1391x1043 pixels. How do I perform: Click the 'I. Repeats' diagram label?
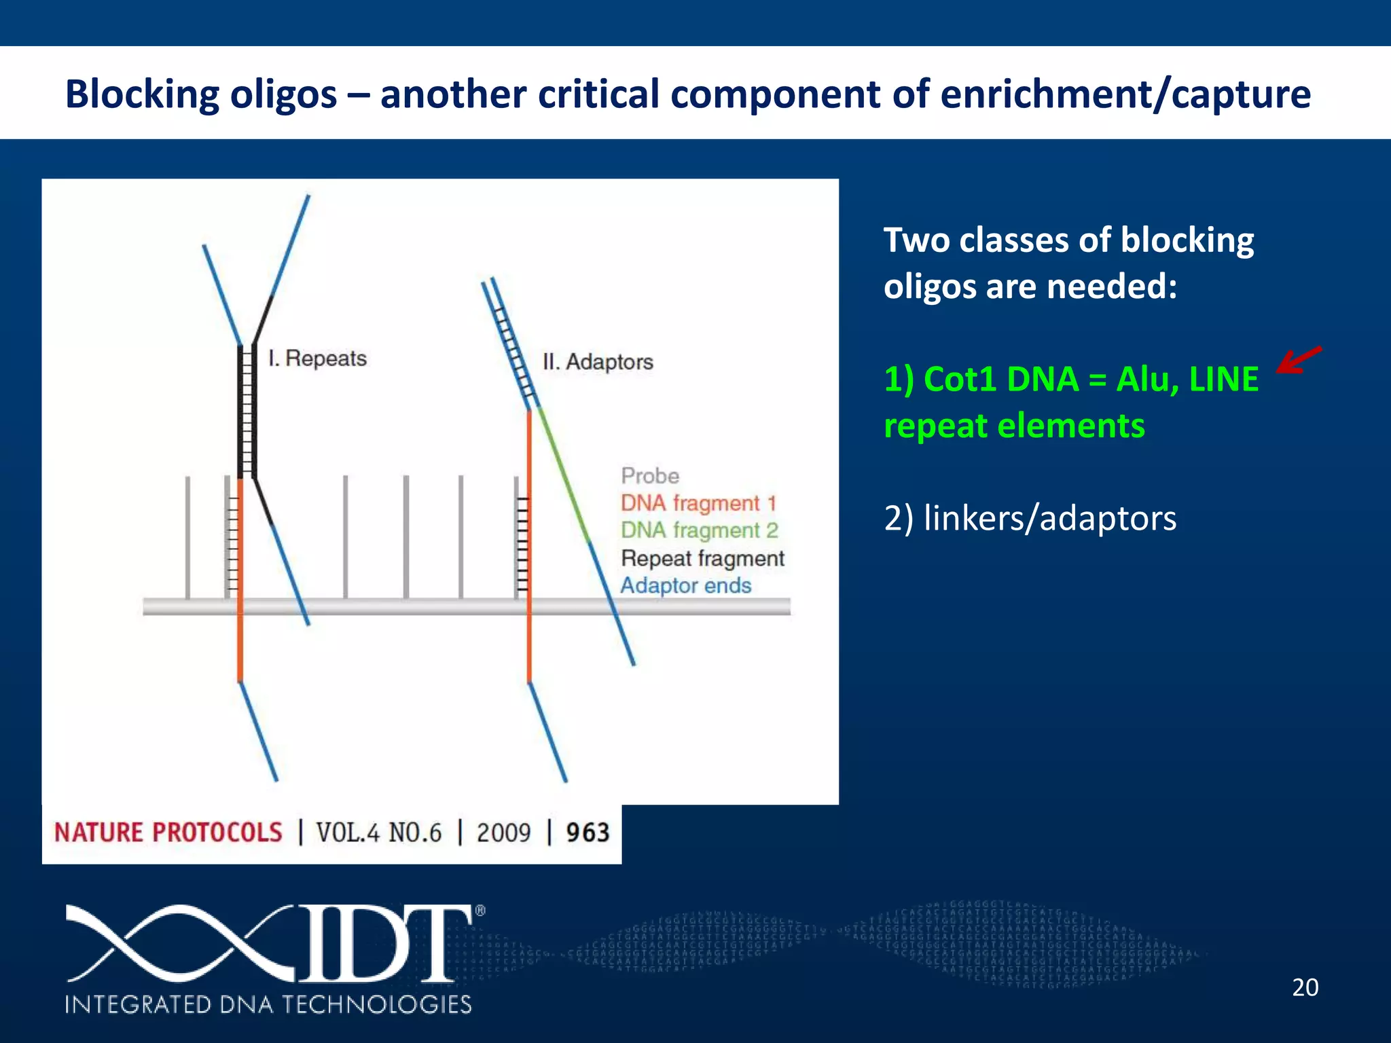click(317, 358)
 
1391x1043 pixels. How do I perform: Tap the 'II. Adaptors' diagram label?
click(598, 362)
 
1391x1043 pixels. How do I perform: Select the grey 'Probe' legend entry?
click(650, 475)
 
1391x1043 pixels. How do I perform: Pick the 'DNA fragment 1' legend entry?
click(698, 503)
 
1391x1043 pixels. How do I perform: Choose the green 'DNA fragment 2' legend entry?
click(699, 530)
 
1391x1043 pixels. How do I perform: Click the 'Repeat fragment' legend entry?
click(702, 558)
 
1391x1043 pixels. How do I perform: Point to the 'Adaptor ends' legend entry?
click(685, 585)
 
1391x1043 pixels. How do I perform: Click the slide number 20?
click(1305, 987)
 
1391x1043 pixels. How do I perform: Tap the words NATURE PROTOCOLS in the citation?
click(168, 832)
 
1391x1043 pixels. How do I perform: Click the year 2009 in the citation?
click(503, 832)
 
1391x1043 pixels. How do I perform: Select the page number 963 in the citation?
click(588, 832)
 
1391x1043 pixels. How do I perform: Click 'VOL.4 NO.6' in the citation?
click(379, 832)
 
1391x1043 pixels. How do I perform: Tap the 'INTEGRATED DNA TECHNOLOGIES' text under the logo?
click(268, 1004)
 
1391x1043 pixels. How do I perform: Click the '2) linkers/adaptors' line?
click(1030, 519)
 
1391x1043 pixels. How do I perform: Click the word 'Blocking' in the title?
click(142, 94)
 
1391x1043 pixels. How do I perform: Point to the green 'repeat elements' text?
click(1014, 426)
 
